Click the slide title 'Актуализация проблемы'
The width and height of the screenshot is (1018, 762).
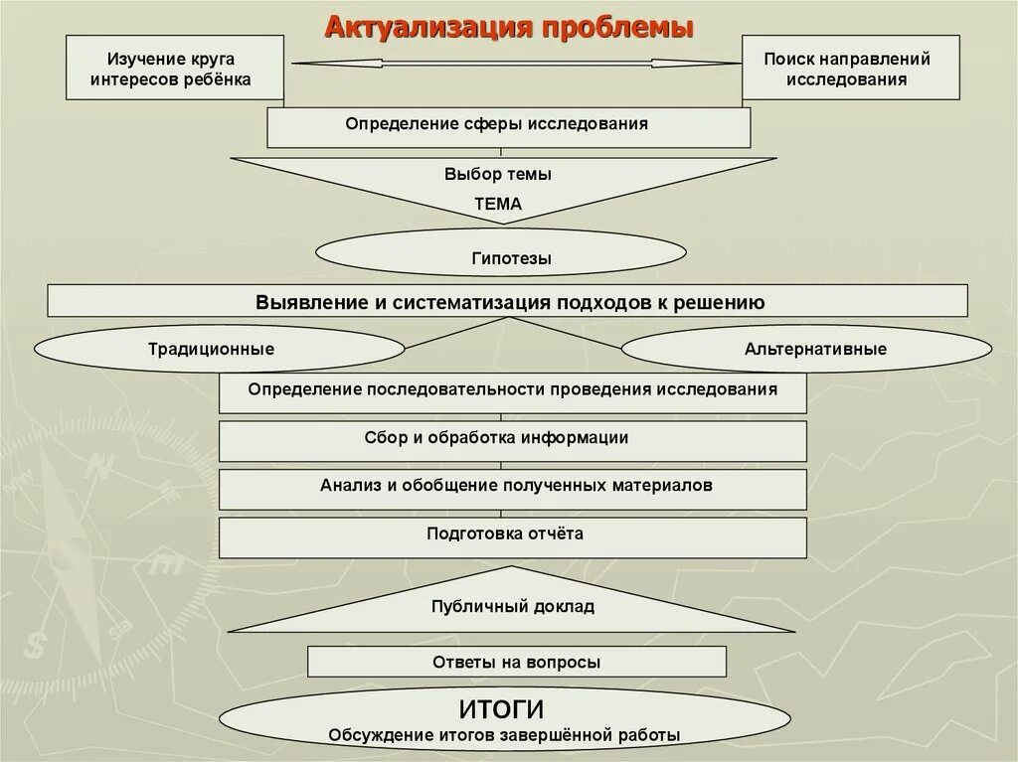pos(509,27)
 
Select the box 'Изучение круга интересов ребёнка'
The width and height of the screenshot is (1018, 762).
pos(174,68)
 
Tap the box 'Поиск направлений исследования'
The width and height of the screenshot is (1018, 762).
pos(850,68)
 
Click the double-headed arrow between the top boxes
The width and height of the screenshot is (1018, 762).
pos(516,63)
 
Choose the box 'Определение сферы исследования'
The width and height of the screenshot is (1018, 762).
pos(508,125)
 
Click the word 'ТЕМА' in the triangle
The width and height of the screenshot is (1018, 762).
pos(497,204)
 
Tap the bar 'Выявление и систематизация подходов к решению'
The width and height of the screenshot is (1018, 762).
pos(508,301)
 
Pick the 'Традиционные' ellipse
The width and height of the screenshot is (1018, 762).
pos(211,350)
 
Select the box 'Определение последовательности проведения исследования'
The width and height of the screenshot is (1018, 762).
pos(512,390)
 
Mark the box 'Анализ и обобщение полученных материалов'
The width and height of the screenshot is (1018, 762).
pos(512,487)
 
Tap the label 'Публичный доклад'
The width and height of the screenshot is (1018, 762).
pos(512,606)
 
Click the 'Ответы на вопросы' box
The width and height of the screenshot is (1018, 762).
pos(516,662)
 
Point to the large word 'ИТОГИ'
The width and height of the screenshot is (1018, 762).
pos(502,709)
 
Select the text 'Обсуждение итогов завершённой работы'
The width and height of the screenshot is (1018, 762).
pos(504,736)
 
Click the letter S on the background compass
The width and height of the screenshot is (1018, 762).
pos(36,647)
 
